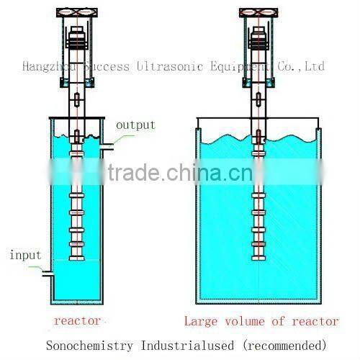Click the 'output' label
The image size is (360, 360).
pos(135,125)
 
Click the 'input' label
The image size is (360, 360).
pos(25,255)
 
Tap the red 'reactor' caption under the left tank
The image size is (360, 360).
pos(76,320)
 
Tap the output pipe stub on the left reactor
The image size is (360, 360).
pos(107,147)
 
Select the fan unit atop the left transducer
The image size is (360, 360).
pos(77,14)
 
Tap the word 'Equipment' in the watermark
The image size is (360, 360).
pos(237,67)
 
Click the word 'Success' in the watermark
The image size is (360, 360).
pos(107,67)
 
